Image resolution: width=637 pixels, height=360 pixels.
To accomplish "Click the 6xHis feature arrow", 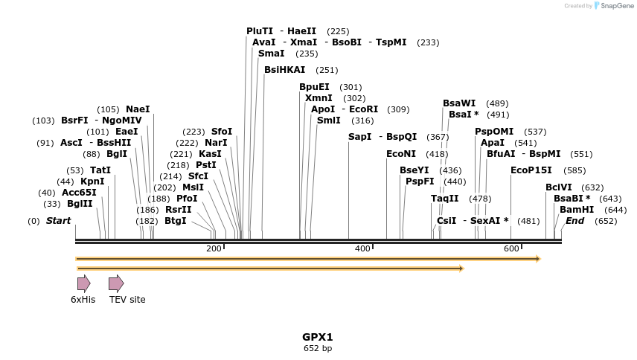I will point(83,283).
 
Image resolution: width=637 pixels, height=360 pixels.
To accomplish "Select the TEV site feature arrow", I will point(115,283).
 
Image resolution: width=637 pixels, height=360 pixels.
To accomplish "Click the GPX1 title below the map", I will point(318,337).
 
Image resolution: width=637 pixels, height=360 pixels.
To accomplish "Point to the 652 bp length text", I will point(318,348).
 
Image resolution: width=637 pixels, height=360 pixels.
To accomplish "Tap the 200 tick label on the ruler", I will point(214,248).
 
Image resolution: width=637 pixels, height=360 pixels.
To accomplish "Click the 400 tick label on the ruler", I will point(362,248).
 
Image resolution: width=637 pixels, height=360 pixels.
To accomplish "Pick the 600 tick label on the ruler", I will point(510,248).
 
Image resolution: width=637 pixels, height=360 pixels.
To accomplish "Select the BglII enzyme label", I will point(80,204).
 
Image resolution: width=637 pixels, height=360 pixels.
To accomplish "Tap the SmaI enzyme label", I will point(271,54).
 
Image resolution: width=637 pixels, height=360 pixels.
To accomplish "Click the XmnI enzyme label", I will point(318,98).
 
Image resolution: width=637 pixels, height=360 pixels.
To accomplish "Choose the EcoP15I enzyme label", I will point(531,170).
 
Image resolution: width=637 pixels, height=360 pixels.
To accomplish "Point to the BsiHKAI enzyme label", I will point(285,70).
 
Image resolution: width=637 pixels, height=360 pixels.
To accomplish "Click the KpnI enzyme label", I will point(92,181).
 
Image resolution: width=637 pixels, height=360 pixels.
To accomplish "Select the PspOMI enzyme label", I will point(494,132).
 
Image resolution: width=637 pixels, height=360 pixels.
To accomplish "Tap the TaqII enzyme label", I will point(445,199).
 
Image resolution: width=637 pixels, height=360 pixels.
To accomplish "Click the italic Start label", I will point(58,221).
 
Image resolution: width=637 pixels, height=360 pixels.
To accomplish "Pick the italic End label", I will point(575,221).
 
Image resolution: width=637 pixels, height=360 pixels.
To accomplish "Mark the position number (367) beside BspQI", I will point(438,137).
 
